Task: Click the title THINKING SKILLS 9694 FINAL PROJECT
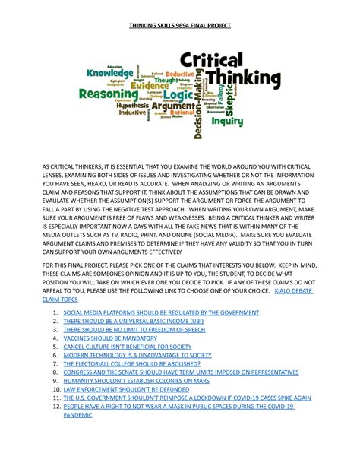click(x=179, y=26)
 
